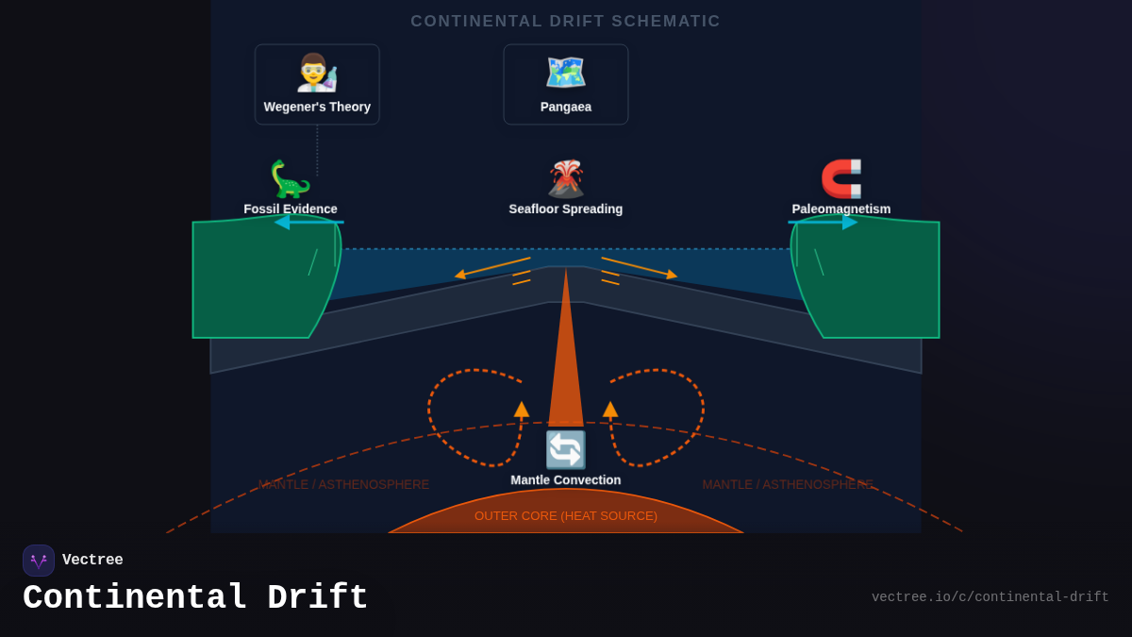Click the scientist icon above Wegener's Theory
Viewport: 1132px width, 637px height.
click(x=317, y=73)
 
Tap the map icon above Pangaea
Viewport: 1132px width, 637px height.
click(x=566, y=73)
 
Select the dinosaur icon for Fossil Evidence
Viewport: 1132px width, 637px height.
click(x=290, y=179)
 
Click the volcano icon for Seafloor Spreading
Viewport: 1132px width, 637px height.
click(x=566, y=179)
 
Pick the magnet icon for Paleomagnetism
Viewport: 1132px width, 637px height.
click(x=841, y=179)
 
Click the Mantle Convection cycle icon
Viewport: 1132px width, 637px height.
click(x=566, y=450)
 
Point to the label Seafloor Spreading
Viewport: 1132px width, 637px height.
click(x=566, y=210)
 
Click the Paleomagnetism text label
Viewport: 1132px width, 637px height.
click(x=841, y=210)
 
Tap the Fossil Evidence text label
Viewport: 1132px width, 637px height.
click(x=290, y=210)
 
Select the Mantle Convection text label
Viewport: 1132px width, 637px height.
click(x=566, y=480)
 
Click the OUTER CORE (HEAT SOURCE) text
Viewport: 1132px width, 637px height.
click(x=566, y=516)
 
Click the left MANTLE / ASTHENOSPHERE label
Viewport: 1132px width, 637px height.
click(x=343, y=485)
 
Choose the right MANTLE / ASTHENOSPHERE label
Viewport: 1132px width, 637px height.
click(x=788, y=485)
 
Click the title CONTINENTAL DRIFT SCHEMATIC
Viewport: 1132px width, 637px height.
click(x=566, y=22)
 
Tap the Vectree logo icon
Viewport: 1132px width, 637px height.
click(x=39, y=561)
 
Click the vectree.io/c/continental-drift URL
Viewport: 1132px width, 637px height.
click(x=990, y=597)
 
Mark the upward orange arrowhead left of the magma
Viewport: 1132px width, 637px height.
click(x=522, y=409)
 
